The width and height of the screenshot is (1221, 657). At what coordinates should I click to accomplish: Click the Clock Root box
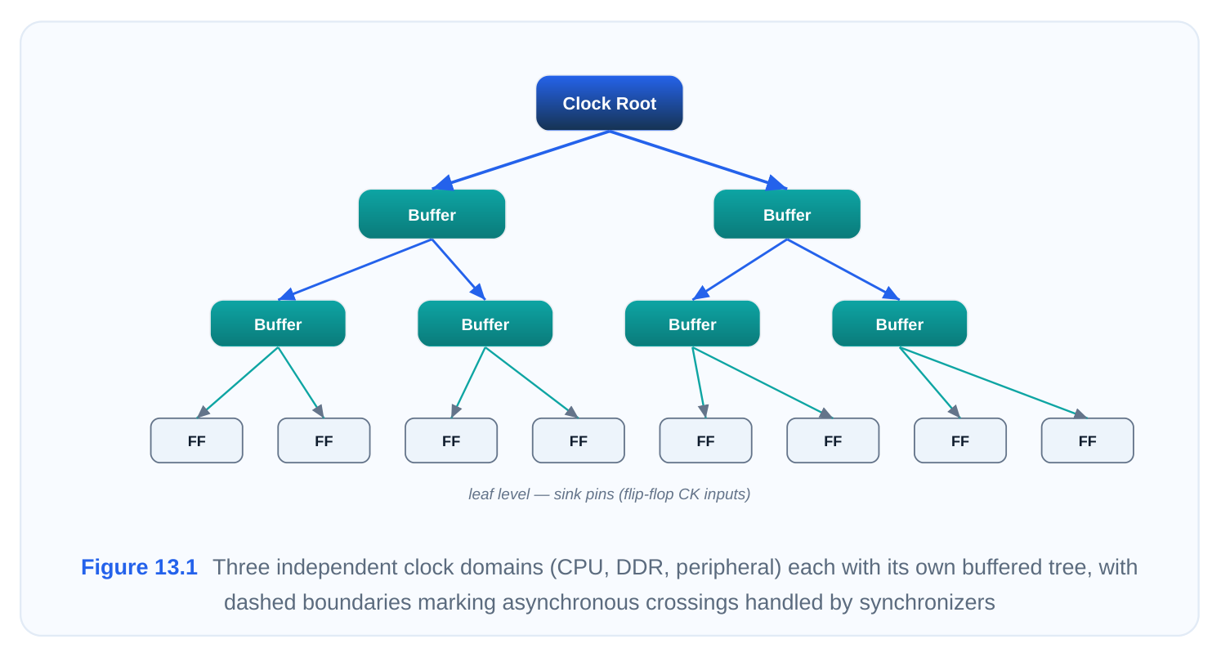tap(610, 103)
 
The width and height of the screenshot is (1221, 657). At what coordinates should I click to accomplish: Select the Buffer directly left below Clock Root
tap(432, 214)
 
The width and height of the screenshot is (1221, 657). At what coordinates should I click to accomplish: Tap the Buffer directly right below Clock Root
tap(787, 214)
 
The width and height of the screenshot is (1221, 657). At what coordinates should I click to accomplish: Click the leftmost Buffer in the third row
tap(278, 324)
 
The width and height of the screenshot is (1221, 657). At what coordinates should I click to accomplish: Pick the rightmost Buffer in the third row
tap(899, 324)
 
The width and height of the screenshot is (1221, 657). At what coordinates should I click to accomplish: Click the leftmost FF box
tap(197, 440)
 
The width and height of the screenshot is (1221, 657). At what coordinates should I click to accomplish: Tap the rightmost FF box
tap(1088, 440)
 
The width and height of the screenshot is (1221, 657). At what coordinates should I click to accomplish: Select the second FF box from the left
tap(324, 440)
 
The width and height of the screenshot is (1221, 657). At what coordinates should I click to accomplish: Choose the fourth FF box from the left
tap(579, 440)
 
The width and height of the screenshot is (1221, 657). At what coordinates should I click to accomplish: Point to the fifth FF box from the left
tap(706, 440)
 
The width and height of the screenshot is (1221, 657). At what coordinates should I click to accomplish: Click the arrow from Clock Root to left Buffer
tap(521, 160)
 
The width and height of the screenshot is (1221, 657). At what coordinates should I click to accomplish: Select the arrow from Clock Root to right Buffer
tap(698, 160)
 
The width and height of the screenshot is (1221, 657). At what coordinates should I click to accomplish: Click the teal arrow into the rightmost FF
tap(993, 382)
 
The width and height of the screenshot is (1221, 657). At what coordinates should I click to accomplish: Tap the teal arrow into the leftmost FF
tap(238, 382)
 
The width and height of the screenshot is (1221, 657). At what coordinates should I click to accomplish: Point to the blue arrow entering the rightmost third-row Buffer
tap(843, 270)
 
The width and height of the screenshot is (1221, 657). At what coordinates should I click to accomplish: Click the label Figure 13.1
tap(139, 567)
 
